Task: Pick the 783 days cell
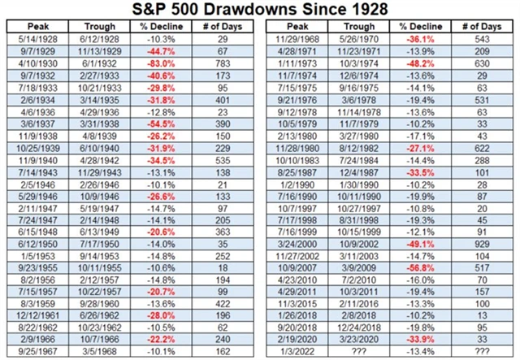coord(218,62)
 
